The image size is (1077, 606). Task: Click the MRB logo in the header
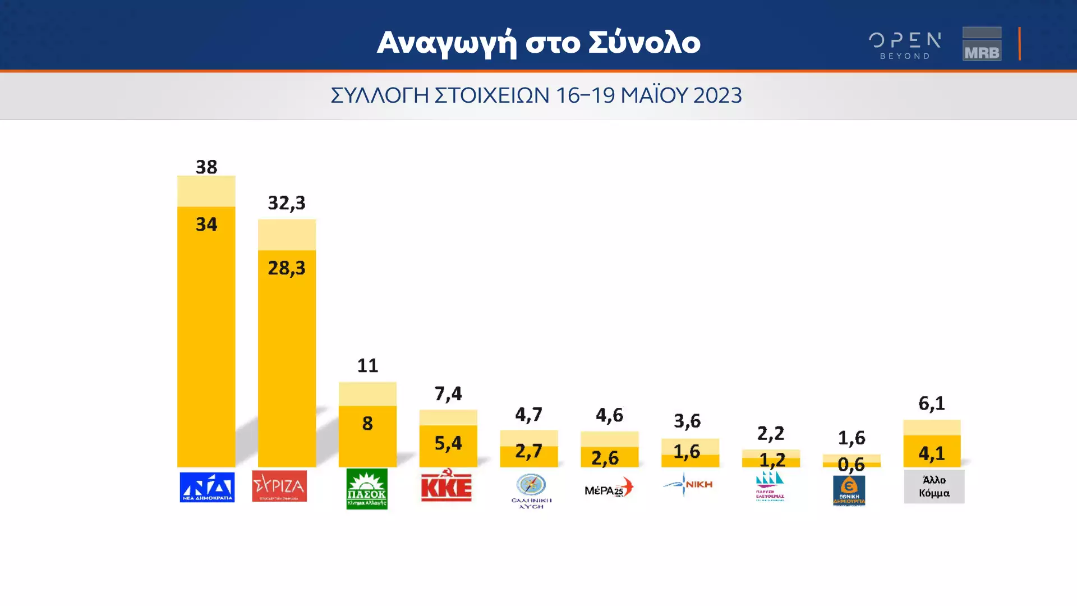pos(982,44)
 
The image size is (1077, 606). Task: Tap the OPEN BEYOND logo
pos(905,45)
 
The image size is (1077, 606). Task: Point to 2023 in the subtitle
pos(717,95)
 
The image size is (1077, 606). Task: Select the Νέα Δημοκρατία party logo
pos(207,487)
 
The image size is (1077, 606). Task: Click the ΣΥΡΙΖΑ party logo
pos(279,486)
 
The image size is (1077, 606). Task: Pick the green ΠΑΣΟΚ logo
pos(367,489)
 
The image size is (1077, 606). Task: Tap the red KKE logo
pos(447,486)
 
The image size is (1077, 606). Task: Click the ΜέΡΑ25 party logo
pos(609,488)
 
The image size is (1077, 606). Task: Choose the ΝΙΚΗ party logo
pos(688,484)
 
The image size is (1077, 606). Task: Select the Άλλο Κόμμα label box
pos(934,486)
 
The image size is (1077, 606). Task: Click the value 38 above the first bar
pos(206,167)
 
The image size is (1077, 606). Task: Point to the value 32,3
pos(287,203)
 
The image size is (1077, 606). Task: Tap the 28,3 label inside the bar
pos(287,268)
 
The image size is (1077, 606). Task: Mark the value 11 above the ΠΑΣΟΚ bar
pos(367,366)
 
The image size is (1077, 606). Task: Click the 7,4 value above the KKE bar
pos(448,393)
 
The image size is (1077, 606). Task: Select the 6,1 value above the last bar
pos(932,403)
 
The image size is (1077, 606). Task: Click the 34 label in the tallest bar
pos(206,224)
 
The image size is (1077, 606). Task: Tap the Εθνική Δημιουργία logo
pos(849,490)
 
